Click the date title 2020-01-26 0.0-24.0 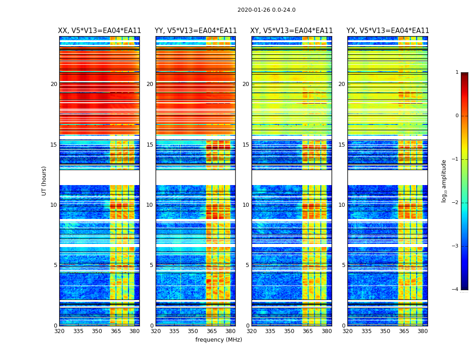266,10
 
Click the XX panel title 100,31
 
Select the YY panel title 195,31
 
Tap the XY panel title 292,31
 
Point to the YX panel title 388,31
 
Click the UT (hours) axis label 44,181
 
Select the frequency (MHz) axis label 218,340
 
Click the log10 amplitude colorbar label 444,181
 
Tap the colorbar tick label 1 457,72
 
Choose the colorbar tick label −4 456,290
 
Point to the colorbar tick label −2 456,203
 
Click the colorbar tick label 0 457,116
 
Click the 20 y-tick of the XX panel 54,84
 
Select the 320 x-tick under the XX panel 59,331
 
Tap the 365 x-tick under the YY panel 212,331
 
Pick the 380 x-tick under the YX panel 423,331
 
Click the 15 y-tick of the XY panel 246,145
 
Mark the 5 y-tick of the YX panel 344,265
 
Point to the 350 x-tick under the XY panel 289,331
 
